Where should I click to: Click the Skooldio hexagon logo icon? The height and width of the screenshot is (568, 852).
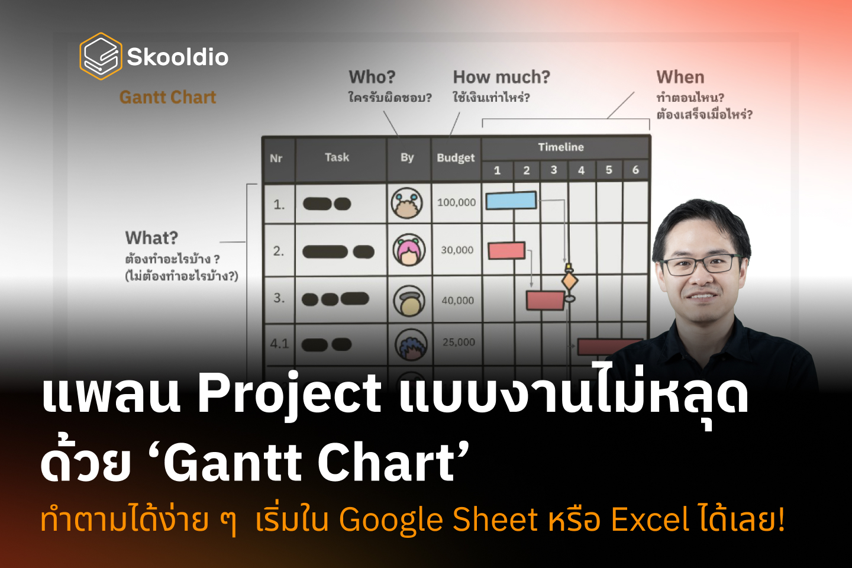(101, 56)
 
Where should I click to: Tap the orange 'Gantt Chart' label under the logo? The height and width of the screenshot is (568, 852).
(167, 97)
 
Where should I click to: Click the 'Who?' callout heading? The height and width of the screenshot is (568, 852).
(372, 77)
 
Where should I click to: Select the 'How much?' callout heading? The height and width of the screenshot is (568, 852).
(501, 77)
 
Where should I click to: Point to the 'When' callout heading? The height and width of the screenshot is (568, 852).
(680, 77)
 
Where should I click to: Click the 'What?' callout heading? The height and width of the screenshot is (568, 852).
(151, 238)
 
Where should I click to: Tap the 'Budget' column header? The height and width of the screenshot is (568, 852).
(456, 158)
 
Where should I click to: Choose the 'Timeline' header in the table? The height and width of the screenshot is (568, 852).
(560, 147)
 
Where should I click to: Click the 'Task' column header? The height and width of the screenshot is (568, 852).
(337, 157)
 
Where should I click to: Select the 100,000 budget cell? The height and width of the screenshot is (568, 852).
(456, 202)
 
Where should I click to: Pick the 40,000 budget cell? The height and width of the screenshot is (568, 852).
(457, 301)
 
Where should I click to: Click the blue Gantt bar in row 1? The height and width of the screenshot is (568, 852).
(511, 201)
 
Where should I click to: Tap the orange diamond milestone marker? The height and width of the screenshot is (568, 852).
(570, 280)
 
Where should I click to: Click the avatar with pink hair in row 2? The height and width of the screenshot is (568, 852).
(408, 250)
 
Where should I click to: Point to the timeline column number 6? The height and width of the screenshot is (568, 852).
(635, 170)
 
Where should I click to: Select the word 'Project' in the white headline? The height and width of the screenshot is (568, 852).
(289, 393)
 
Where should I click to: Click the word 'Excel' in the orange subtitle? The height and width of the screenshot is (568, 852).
(650, 519)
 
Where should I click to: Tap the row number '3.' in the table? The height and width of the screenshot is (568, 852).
(279, 298)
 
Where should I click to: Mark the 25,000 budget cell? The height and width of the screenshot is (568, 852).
(459, 342)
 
